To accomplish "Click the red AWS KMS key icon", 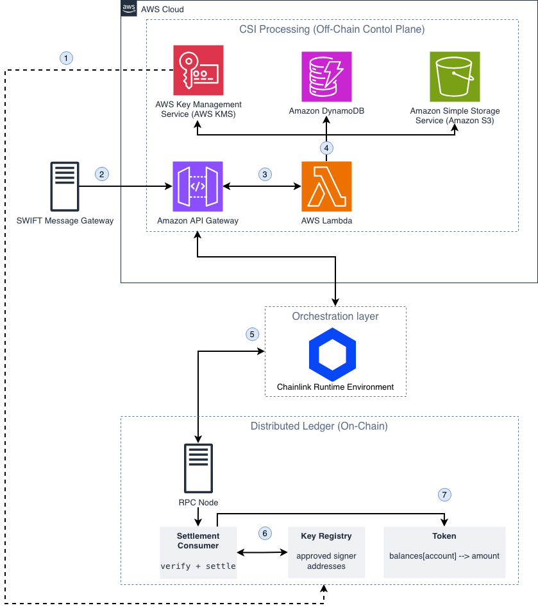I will point(198,71).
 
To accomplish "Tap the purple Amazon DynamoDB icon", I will point(326,76).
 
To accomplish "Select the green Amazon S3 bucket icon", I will point(455,76).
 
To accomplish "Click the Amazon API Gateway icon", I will point(198,186).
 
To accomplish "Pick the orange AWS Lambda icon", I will point(326,186).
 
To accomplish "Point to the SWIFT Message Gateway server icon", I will point(65,186).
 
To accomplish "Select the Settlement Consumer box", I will point(198,552).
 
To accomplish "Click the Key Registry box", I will point(326,552).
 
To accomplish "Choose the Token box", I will point(444,552).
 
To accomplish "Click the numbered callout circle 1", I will point(66,58).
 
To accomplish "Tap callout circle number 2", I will point(101,174).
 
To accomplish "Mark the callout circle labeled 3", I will point(265,174).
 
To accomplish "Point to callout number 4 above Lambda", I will point(326,148).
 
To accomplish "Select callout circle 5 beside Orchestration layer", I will point(253,334).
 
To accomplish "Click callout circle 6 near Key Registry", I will point(265,533).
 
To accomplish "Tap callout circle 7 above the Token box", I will point(444,494).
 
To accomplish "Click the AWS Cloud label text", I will point(162,10).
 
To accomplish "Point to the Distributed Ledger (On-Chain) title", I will point(319,426).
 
